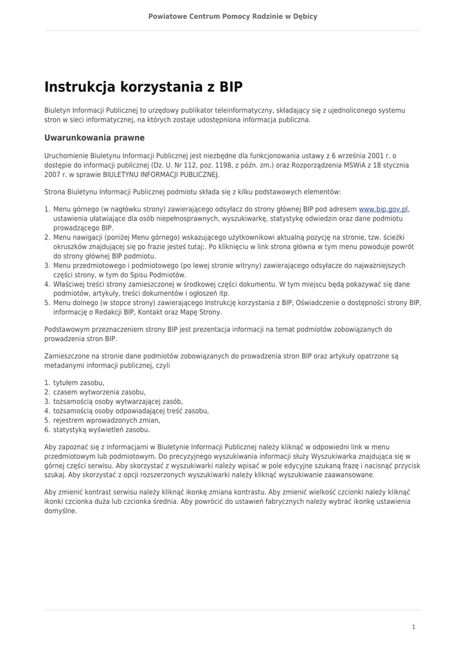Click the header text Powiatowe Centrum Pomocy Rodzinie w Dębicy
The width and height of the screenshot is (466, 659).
click(x=233, y=16)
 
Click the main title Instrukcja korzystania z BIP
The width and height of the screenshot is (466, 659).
click(x=143, y=87)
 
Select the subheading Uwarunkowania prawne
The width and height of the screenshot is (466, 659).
click(x=94, y=138)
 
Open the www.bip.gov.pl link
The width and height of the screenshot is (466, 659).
click(x=383, y=209)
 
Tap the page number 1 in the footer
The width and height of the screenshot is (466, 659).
click(x=413, y=627)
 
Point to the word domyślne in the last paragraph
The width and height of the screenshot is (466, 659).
click(x=60, y=511)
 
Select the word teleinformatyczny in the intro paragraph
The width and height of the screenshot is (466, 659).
click(x=251, y=111)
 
